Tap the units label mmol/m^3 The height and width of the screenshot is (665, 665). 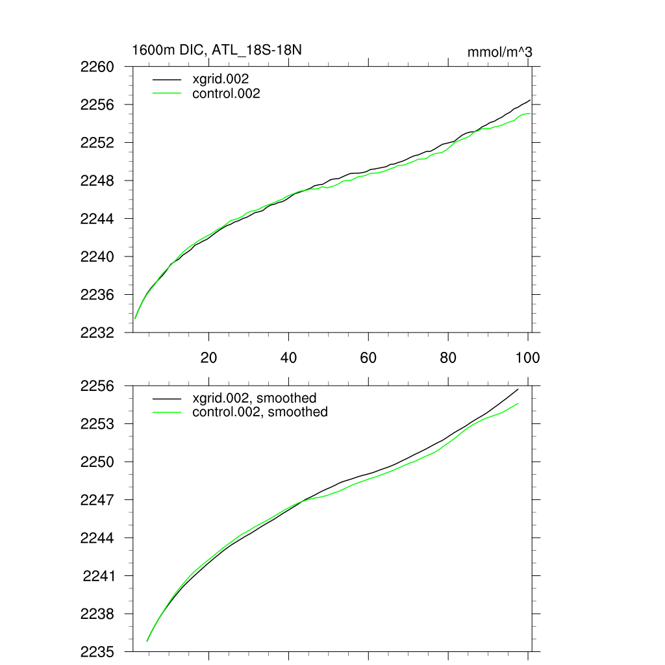(499, 52)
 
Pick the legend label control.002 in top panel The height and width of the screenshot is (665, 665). (226, 94)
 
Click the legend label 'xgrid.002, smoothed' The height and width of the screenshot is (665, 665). (254, 397)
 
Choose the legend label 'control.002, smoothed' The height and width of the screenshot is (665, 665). (260, 412)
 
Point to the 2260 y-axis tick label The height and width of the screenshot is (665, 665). (97, 67)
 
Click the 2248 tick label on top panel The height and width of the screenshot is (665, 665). (97, 181)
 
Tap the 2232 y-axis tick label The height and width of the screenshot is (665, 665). (97, 332)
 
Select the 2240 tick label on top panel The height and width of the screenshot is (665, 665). (97, 257)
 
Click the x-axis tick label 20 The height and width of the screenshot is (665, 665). (208, 357)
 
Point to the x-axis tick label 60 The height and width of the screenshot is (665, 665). (368, 357)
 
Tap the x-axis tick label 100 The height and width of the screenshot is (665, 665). (527, 357)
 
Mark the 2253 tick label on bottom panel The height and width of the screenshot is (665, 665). (97, 424)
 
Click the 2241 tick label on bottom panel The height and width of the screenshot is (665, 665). (99, 576)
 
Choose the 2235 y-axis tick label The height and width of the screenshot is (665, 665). (97, 651)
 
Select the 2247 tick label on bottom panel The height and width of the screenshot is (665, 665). (97, 500)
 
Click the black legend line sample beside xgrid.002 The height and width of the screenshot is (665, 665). (167, 79)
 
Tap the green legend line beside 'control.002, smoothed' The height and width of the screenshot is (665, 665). (167, 412)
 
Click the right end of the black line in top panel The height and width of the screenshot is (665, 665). (531, 100)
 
